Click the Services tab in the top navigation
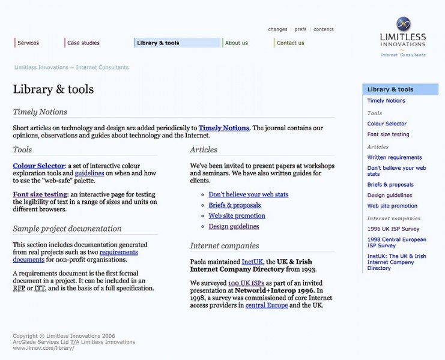click(28, 43)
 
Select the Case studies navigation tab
click(83, 43)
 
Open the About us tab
click(237, 43)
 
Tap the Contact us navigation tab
click(290, 43)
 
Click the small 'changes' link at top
click(277, 29)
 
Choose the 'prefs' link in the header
click(300, 29)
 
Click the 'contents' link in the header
click(324, 29)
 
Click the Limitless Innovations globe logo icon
click(403, 24)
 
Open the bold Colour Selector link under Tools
click(38, 166)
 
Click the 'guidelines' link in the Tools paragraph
click(89, 173)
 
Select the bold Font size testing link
click(40, 194)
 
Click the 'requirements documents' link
click(75, 256)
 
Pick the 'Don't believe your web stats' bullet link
click(248, 194)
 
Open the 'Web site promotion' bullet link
click(237, 215)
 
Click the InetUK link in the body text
click(252, 262)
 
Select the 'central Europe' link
click(266, 305)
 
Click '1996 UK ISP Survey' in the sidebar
click(393, 229)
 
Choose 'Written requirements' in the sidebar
click(395, 157)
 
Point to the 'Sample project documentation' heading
click(67, 229)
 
